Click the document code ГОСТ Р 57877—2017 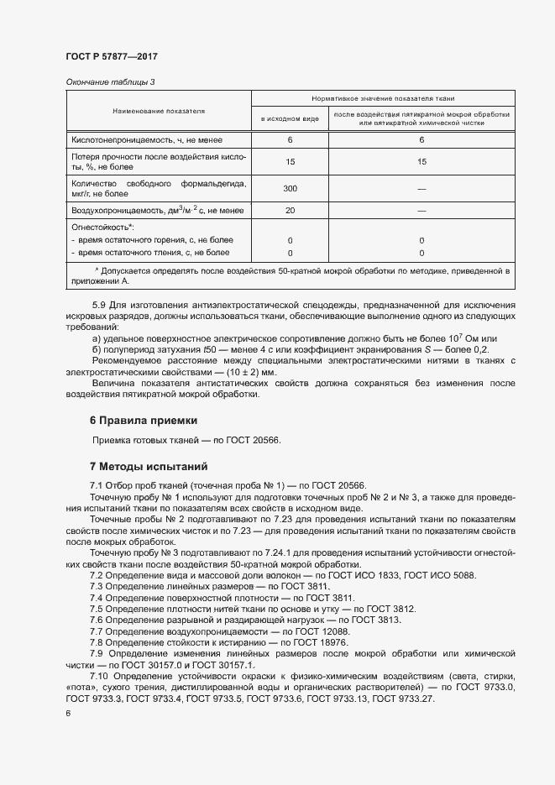pyautogui.click(x=112, y=56)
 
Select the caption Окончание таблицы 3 pyautogui.click(x=110, y=81)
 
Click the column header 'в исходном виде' pyautogui.click(x=290, y=119)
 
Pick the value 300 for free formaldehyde pyautogui.click(x=291, y=189)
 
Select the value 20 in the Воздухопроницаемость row pyautogui.click(x=291, y=210)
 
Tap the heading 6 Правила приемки pyautogui.click(x=143, y=420)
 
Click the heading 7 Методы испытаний pyautogui.click(x=149, y=466)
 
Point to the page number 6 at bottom pyautogui.click(x=67, y=713)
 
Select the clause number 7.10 pyautogui.click(x=99, y=676)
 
